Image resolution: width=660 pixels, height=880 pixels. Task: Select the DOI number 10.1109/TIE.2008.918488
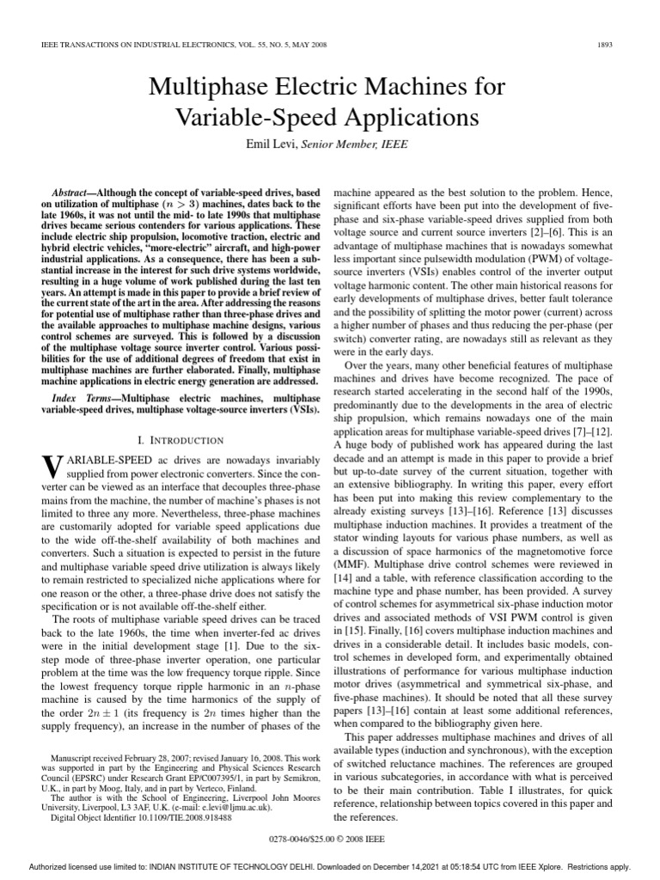click(x=178, y=819)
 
